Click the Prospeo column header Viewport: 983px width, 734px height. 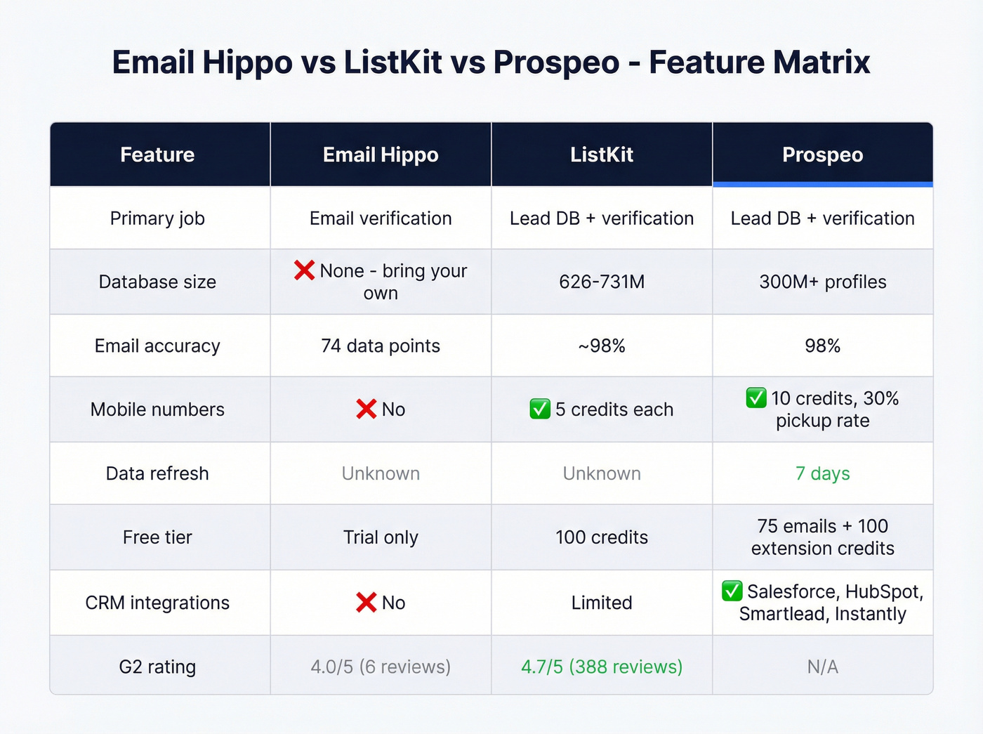pyautogui.click(x=822, y=155)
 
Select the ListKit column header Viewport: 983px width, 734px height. pyautogui.click(x=601, y=155)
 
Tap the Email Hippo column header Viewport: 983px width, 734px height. pyautogui.click(x=381, y=155)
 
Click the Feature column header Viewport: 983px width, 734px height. pyautogui.click(x=157, y=155)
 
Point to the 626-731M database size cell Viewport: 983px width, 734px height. pyautogui.click(x=601, y=282)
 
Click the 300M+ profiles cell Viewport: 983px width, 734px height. pyautogui.click(x=822, y=282)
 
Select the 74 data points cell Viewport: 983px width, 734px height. pyautogui.click(x=381, y=346)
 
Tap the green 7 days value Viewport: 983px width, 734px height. pyautogui.click(x=822, y=473)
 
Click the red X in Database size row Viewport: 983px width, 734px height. pyautogui.click(x=304, y=270)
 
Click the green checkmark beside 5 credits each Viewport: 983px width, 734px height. pyautogui.click(x=540, y=409)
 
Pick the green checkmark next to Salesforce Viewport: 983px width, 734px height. pyautogui.click(x=732, y=591)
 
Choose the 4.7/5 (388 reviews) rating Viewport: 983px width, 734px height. pyautogui.click(x=601, y=667)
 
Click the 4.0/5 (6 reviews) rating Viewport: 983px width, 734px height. pyautogui.click(x=381, y=667)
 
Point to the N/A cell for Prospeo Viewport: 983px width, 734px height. pyautogui.click(x=822, y=667)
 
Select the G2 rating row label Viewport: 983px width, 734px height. pyautogui.click(x=157, y=667)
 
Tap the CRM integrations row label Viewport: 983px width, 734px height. pyautogui.click(x=157, y=603)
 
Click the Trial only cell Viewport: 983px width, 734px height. pyautogui.click(x=381, y=537)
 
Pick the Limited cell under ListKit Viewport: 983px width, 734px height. pyautogui.click(x=601, y=603)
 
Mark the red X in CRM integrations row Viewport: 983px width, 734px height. pyautogui.click(x=366, y=602)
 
